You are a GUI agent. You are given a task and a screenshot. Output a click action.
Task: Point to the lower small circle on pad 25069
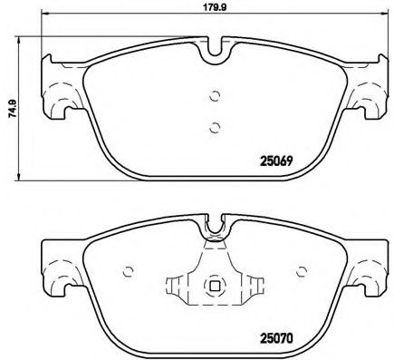click(215, 127)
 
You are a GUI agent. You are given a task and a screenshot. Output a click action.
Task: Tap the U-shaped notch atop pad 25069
click(215, 49)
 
